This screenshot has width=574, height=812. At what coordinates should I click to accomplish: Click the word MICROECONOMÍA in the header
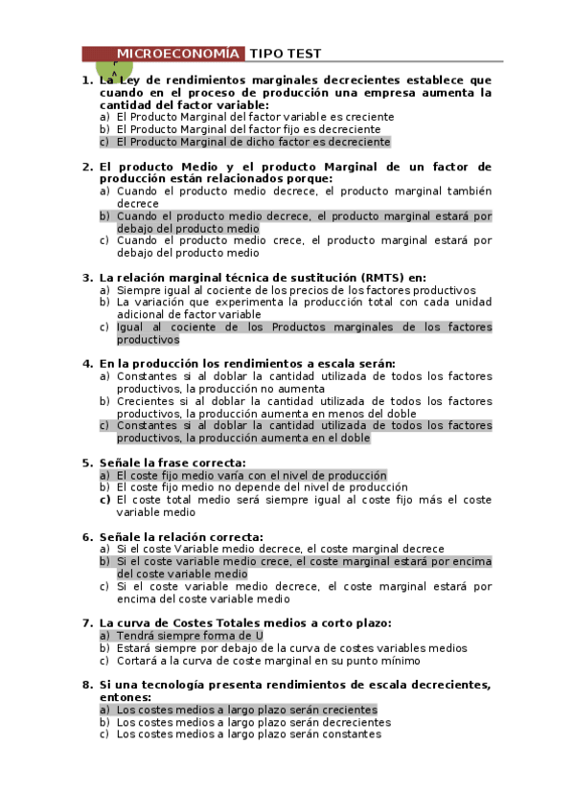coord(178,54)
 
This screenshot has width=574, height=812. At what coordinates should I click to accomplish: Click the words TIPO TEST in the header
coord(286,54)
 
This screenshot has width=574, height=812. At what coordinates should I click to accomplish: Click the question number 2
coord(87,167)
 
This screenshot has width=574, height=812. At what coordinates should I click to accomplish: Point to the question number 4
coord(87,364)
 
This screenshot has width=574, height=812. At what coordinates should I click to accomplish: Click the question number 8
coord(87,685)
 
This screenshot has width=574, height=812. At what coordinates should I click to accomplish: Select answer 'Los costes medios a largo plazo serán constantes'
coord(248,734)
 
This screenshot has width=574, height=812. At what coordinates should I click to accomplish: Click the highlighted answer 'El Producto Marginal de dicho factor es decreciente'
coord(253,142)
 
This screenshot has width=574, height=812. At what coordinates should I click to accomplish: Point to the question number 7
coord(87,623)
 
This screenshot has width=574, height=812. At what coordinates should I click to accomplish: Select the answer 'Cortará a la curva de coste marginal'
coord(268,661)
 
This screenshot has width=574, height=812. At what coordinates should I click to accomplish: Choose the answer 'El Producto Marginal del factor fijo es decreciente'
coord(248,129)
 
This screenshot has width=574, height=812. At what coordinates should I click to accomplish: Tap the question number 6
coord(87,536)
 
